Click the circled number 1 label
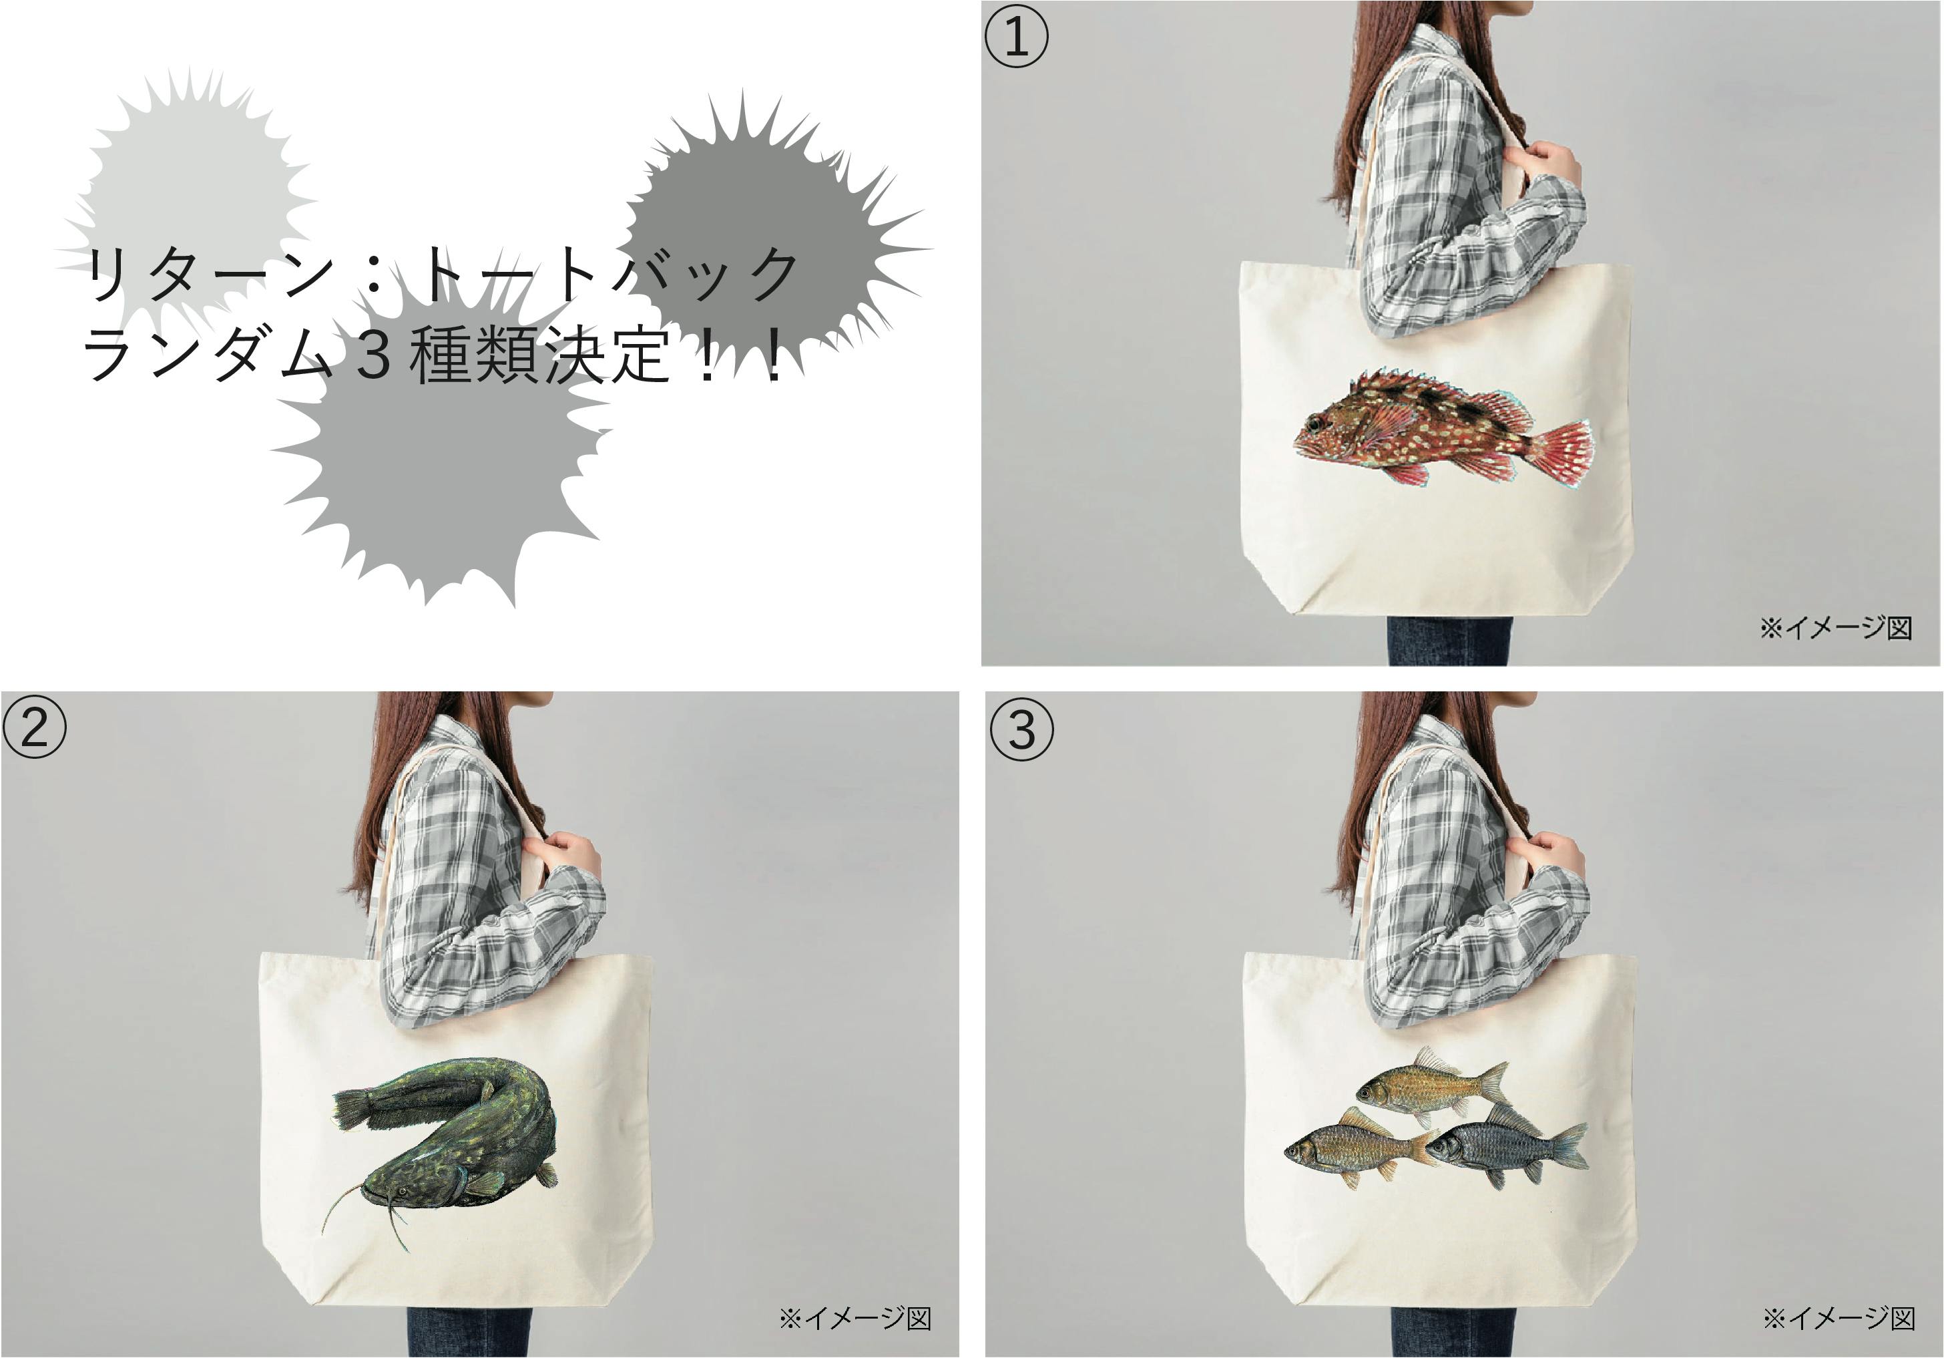point(1016,37)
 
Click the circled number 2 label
point(34,727)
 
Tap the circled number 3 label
point(1022,729)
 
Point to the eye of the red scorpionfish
point(1314,423)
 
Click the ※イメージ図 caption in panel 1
point(1836,628)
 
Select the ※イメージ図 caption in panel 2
point(855,1318)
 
